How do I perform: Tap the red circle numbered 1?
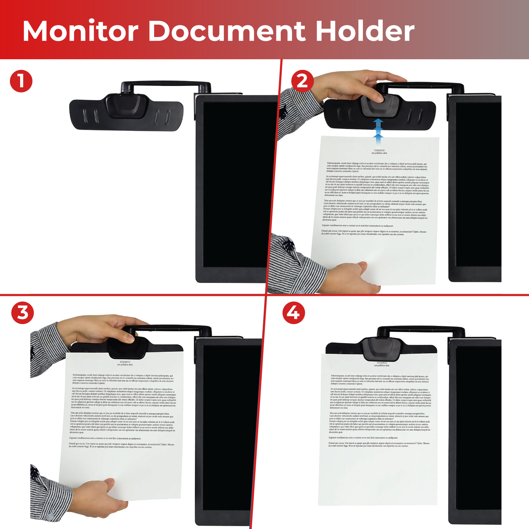tap(21, 81)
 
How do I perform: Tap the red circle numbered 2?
tap(302, 81)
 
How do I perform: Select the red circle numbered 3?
tap(23, 312)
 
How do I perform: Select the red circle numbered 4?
tap(293, 312)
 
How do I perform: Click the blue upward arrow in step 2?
tap(378, 130)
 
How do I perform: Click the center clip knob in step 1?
tap(126, 106)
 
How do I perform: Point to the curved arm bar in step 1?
tap(166, 85)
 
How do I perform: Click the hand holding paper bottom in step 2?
tap(349, 277)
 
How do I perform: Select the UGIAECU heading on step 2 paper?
tap(379, 151)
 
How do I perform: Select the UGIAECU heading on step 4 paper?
tap(382, 363)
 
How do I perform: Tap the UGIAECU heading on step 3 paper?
tap(125, 362)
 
